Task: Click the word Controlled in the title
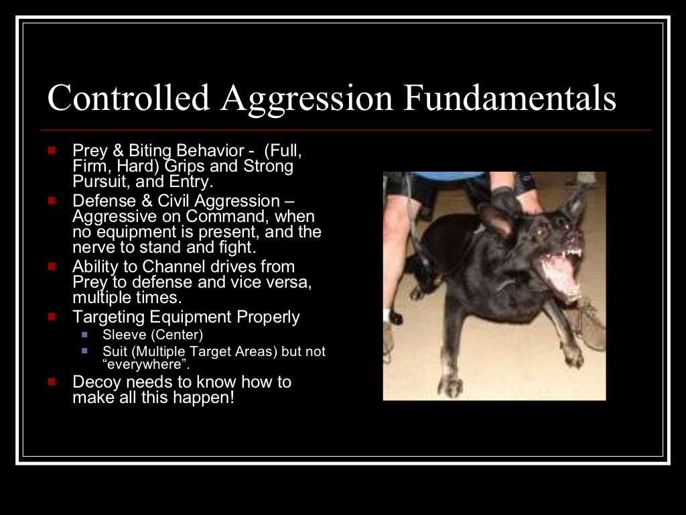128,98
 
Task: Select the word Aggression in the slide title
306,99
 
